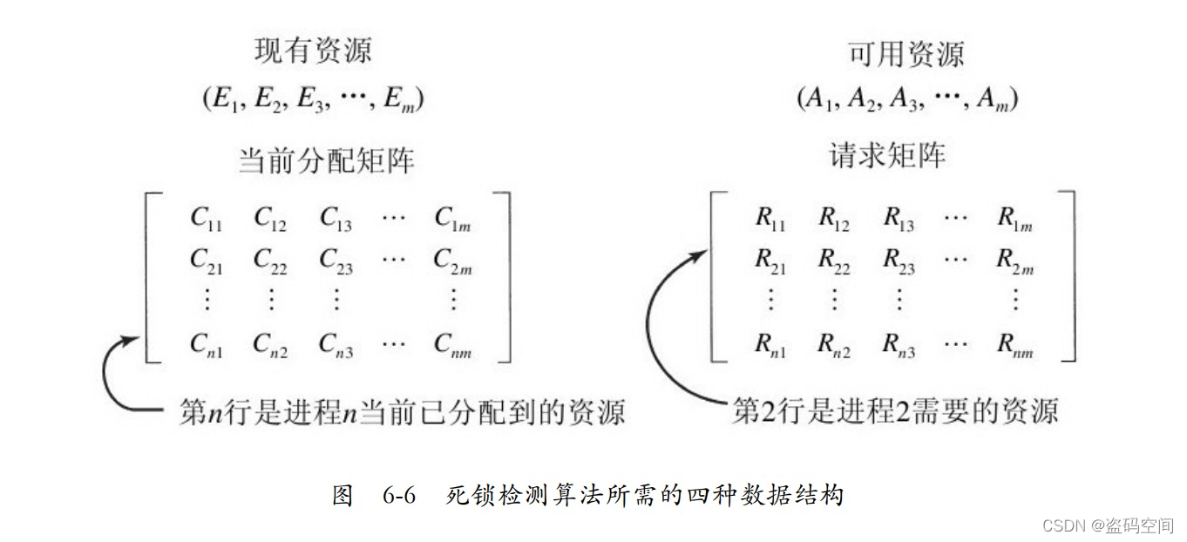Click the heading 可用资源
point(906,54)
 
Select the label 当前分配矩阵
point(327,161)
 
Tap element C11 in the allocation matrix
point(207,219)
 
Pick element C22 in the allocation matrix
point(270,261)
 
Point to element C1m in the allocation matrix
point(453,219)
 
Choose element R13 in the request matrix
point(899,219)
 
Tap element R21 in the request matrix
point(770,261)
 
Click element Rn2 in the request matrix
point(834,346)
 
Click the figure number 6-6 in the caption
point(397,496)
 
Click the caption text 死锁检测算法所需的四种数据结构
point(645,496)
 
